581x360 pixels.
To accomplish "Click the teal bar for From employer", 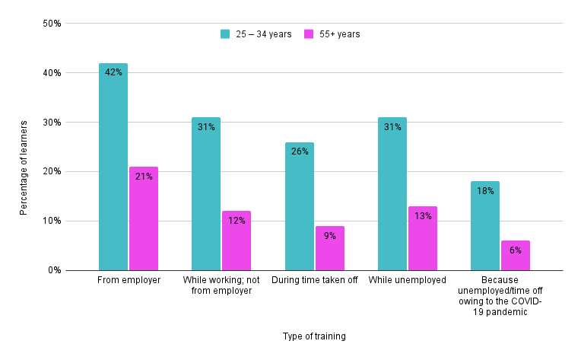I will coord(113,167).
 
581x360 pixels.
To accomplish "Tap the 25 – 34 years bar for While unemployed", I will coord(392,194).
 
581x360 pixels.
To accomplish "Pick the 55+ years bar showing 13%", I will coord(423,238).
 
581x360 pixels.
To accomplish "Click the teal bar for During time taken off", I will coord(300,206).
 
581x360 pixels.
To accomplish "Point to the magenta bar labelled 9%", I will coord(330,248).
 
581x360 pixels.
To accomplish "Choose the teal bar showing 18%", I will coord(485,226).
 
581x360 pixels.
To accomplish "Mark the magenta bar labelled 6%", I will coord(516,256).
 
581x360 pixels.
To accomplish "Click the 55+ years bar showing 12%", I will coord(237,241).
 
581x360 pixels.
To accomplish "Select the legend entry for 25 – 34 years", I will coord(256,34).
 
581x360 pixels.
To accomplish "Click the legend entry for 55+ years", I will coord(332,34).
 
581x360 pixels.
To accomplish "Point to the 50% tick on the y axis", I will coord(52,24).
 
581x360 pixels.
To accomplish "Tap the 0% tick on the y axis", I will coord(54,270).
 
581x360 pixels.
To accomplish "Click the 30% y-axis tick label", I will coord(52,123).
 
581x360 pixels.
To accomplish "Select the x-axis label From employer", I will coord(129,281).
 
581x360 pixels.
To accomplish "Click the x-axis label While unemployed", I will coord(408,281).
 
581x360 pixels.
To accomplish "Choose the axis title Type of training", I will coord(314,336).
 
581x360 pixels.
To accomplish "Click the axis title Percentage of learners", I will coord(24,167).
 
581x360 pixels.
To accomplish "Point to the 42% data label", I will coord(113,72).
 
